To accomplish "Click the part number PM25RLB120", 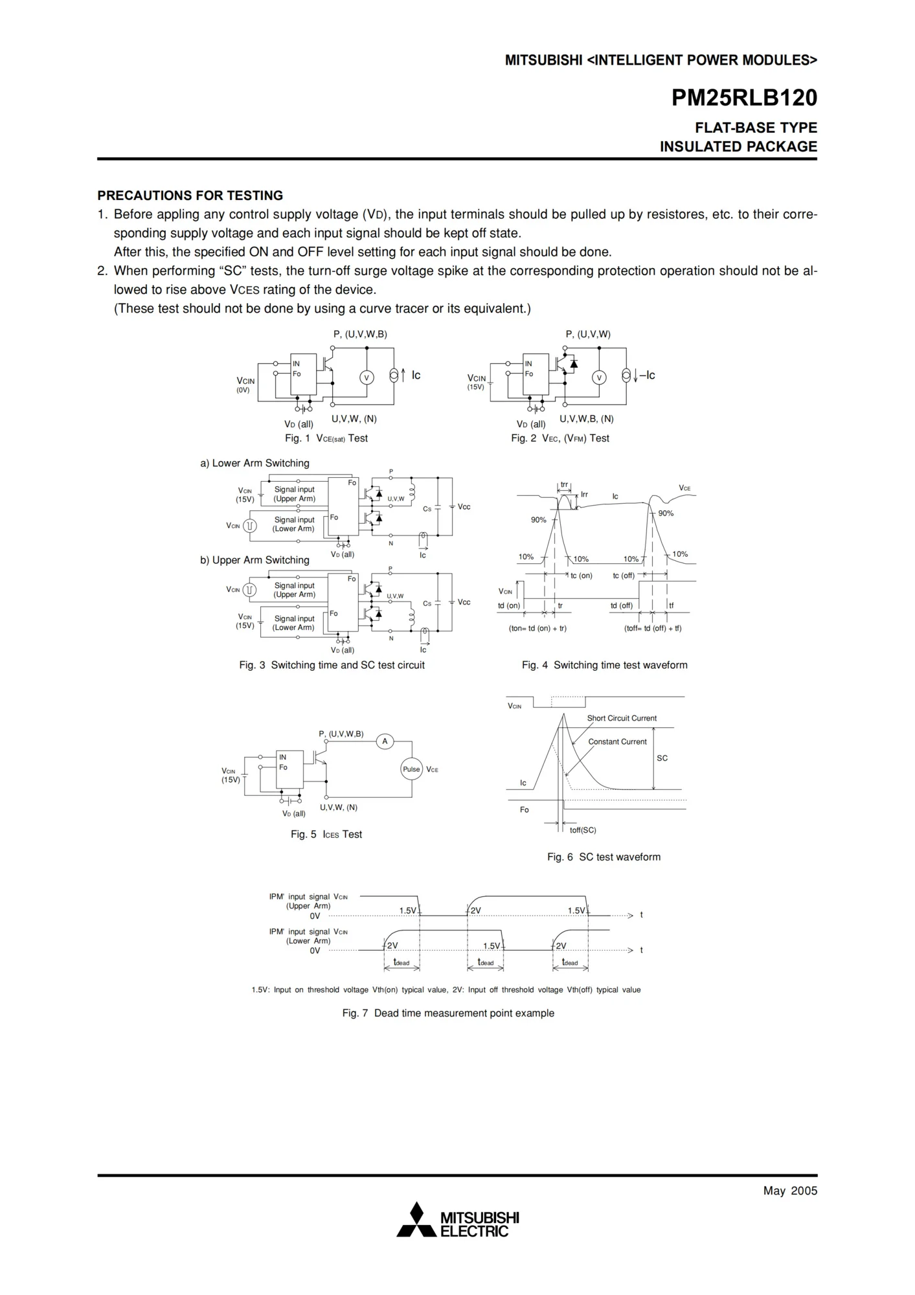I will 744,98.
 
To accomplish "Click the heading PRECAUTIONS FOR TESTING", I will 190,196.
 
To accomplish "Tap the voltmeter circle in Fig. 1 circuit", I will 367,377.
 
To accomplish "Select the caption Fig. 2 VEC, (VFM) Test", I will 559,438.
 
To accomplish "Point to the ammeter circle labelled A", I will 385,741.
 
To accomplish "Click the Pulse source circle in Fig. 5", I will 411,769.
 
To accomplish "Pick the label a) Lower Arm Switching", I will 254,463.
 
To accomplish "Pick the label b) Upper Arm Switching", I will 254,560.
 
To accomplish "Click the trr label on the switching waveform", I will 564,485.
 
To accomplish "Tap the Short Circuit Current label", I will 622,718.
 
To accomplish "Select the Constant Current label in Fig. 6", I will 617,742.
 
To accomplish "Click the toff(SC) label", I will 583,830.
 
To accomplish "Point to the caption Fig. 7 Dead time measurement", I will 448,1013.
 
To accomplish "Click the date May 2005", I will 790,1191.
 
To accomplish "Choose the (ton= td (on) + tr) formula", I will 537,628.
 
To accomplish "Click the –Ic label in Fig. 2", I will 647,376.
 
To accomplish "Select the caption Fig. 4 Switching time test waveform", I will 604,665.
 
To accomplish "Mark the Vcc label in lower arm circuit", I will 464,507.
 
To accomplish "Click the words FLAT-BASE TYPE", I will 756,128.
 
